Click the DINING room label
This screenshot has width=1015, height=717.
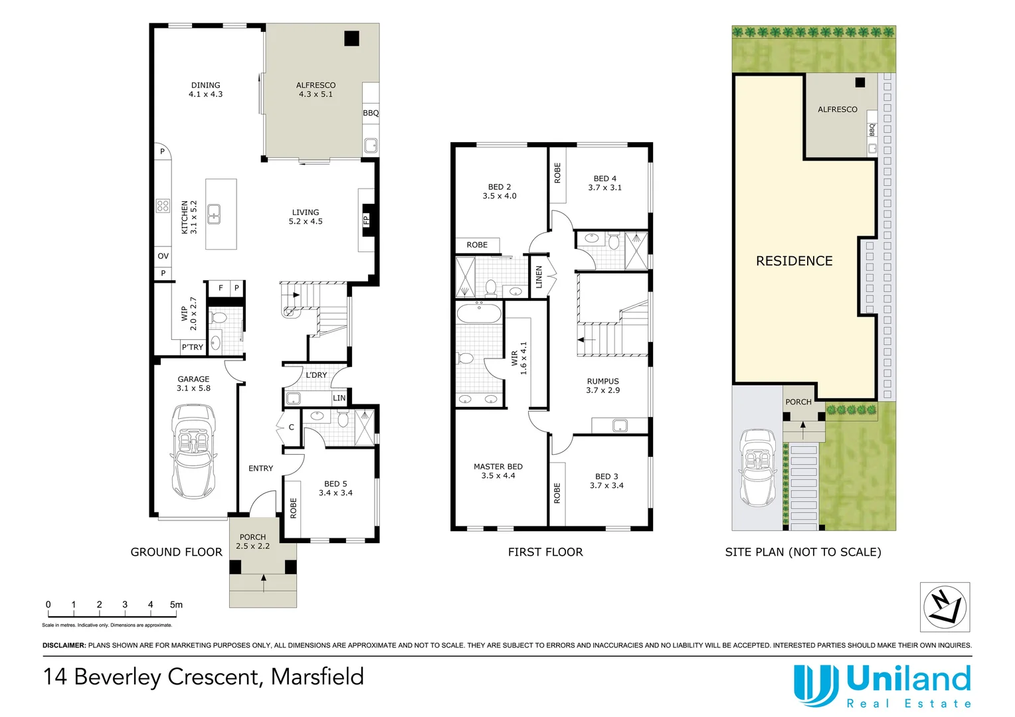pos(206,85)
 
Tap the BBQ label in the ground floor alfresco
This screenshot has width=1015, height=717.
pos(371,113)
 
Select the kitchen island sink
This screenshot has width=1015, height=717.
pos(214,214)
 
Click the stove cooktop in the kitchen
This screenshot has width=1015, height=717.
pos(163,206)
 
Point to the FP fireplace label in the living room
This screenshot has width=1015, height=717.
pos(366,220)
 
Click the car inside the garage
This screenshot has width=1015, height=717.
pos(193,451)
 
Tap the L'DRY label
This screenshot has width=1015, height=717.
pos(316,375)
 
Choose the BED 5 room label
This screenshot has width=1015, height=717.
pos(335,484)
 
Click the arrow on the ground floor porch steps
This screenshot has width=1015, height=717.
pos(264,583)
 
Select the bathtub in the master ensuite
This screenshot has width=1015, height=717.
pos(479,313)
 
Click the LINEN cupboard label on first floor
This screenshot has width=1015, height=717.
pos(539,278)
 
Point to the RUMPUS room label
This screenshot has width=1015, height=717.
pos(602,381)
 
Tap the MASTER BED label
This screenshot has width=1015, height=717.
pos(498,467)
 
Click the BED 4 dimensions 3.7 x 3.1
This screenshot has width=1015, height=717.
pos(605,187)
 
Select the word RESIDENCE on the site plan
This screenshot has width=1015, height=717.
pos(794,261)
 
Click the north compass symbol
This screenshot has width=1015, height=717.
pos(945,607)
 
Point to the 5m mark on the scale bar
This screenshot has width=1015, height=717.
pos(176,605)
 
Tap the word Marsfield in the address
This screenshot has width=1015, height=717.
pos(318,677)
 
